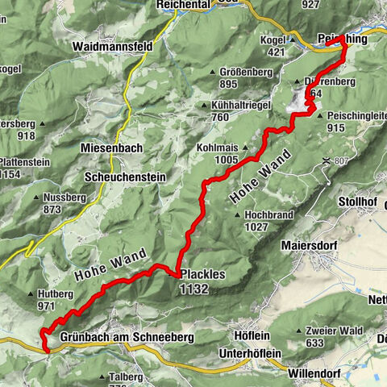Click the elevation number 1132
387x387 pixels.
(x=194, y=288)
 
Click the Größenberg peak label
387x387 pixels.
(x=244, y=72)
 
